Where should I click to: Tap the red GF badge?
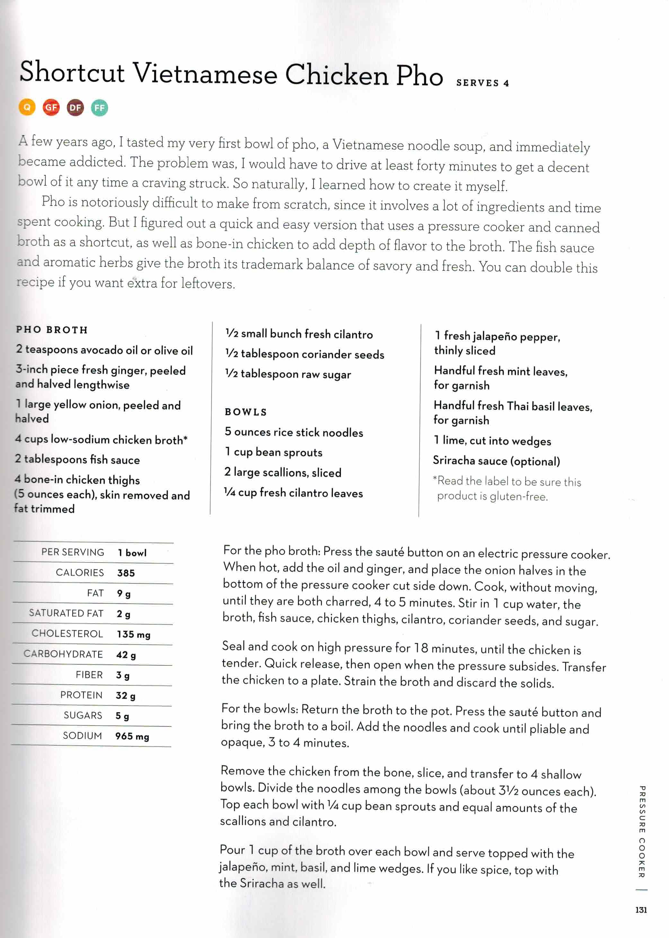coord(51,108)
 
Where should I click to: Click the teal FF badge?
coord(99,108)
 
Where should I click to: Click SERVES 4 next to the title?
coord(482,83)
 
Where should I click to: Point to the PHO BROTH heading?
coord(52,330)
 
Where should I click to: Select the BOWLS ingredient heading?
coord(246,412)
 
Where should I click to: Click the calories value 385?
coord(126,573)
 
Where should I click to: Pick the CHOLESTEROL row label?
coord(67,633)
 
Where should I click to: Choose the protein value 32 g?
coord(125,696)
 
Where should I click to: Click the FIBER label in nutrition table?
coord(89,674)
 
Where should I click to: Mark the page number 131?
coord(641,910)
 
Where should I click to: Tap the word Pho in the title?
coord(419,76)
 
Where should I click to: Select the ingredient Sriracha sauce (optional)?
coord(497,461)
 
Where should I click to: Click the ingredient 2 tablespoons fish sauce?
coord(77,460)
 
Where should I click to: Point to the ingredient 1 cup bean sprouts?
coord(274,452)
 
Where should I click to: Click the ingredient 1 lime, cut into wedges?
coord(492,441)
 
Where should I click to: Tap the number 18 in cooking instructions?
coord(421,648)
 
